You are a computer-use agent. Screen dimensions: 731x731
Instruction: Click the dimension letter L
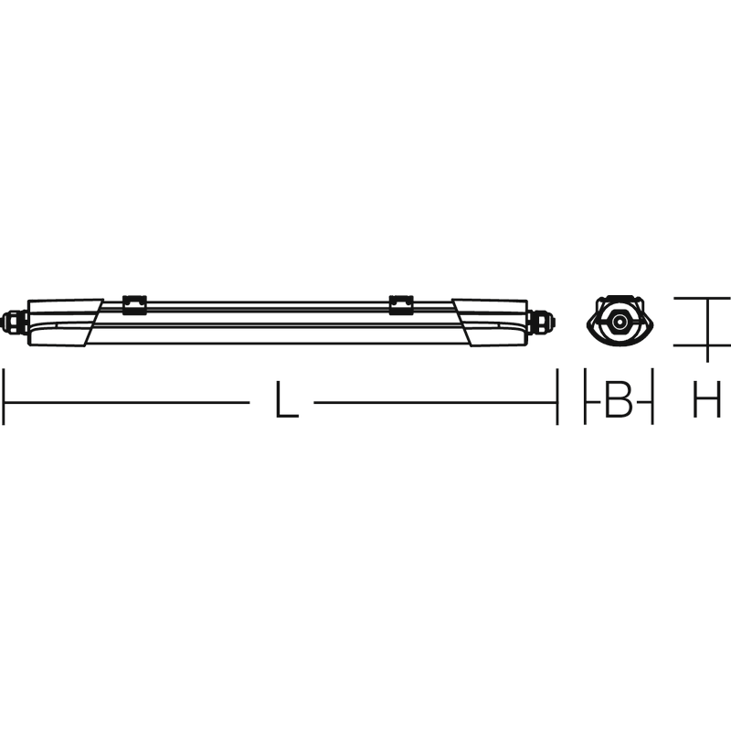[287, 399]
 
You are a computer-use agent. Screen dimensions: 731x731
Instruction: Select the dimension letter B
[619, 399]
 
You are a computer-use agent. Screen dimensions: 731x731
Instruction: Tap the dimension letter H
[707, 399]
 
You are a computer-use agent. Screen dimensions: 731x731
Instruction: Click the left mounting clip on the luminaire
[134, 305]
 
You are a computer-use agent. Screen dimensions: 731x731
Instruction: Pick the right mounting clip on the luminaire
[401, 305]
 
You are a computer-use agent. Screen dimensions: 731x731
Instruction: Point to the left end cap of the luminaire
[64, 323]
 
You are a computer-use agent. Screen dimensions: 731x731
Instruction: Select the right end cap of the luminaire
[491, 323]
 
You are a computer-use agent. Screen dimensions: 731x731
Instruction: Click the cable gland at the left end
[14, 323]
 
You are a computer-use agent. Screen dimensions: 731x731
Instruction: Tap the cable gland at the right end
[541, 323]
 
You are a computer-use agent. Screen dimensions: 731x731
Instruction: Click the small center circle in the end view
[620, 322]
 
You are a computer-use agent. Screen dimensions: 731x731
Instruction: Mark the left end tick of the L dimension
[4, 397]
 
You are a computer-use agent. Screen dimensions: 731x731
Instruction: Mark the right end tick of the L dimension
[556, 397]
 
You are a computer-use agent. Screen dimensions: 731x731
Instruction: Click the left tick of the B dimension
[585, 397]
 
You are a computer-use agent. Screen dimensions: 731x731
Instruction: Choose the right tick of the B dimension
[652, 397]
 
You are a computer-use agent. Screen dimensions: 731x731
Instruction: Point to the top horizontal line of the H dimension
[702, 298]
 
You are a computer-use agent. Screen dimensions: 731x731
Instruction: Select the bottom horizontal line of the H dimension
[702, 346]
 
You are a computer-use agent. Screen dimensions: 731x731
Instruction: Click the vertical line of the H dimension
[707, 330]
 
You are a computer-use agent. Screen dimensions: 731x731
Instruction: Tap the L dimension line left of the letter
[127, 402]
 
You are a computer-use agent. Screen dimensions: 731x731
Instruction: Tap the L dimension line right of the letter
[436, 402]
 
